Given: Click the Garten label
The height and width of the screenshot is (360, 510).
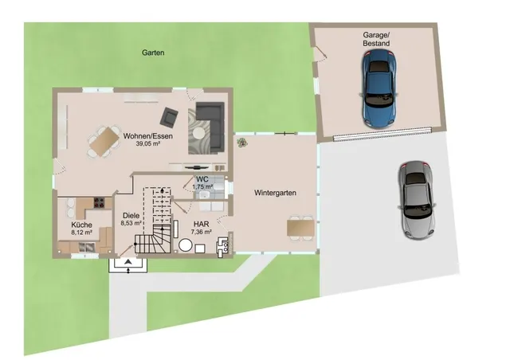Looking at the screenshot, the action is (153, 53).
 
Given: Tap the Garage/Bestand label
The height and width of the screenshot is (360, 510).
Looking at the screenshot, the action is (376, 39).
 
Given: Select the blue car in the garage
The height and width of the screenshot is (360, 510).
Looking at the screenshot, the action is (379, 88).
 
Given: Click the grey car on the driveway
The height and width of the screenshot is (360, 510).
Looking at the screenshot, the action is (417, 200).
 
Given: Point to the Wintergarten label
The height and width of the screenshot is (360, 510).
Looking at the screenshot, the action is (275, 193).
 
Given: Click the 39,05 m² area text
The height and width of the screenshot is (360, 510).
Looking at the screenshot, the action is (148, 143).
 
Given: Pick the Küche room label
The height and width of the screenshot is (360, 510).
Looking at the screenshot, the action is (81, 225).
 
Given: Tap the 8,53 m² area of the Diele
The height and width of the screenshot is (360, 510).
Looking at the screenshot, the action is (131, 223).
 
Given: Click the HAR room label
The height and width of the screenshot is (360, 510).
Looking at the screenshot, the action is (202, 224).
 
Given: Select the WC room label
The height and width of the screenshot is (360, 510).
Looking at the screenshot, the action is (202, 179).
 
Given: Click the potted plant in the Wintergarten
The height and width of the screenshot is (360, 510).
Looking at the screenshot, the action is (241, 143).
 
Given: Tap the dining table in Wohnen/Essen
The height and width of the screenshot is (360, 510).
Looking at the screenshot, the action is (104, 142).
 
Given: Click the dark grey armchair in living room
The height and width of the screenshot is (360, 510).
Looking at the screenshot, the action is (169, 117).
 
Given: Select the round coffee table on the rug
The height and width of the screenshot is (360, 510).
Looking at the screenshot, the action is (198, 133).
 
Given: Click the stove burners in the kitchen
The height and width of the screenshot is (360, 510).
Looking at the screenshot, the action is (99, 202).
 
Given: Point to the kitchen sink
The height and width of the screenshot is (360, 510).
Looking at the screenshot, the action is (87, 248).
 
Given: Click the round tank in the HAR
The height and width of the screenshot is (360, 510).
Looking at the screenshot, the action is (186, 245).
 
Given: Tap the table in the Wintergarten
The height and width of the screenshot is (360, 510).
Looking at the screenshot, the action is (301, 228).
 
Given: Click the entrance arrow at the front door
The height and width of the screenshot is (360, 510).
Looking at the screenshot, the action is (128, 261).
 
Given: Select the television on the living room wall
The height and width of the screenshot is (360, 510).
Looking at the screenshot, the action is (197, 168).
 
